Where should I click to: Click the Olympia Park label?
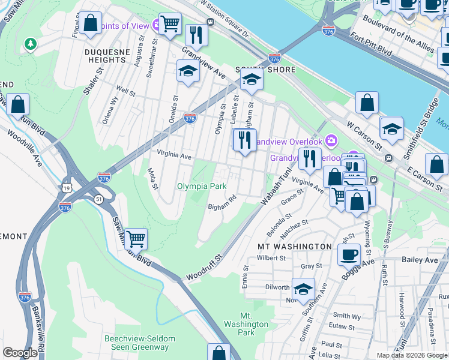(x=202, y=186)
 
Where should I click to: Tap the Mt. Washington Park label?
(x=246, y=324)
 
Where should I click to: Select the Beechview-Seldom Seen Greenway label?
(x=140, y=343)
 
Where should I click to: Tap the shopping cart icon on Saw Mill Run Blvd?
(x=137, y=238)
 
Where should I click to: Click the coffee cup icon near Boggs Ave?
(x=348, y=254)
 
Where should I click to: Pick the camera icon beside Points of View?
(x=157, y=25)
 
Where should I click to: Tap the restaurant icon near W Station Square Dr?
(x=196, y=34)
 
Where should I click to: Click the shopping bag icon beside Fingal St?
(x=91, y=23)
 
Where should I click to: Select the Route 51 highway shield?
(x=98, y=199)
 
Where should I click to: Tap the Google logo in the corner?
(x=20, y=353)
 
